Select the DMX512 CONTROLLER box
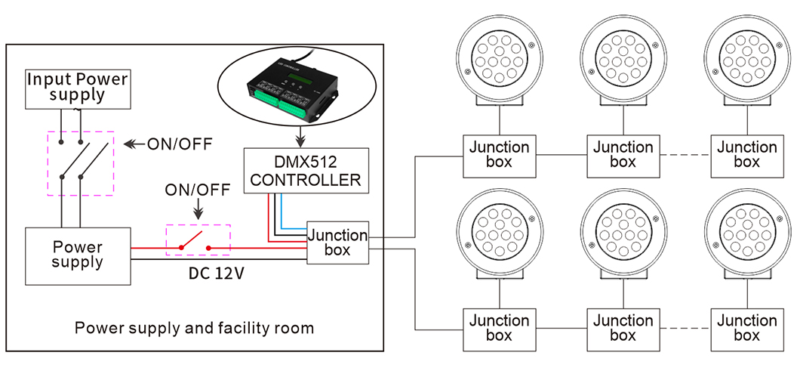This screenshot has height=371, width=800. pyautogui.click(x=305, y=169)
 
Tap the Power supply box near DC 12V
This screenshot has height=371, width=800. pyautogui.click(x=78, y=255)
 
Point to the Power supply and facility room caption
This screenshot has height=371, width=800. pyautogui.click(x=194, y=329)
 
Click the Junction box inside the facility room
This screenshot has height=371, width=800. pyautogui.click(x=337, y=242)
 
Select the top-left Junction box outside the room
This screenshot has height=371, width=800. pyautogui.click(x=499, y=154)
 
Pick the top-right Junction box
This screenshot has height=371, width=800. pyautogui.click(x=746, y=154)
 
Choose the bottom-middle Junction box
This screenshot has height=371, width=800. pyautogui.click(x=623, y=328)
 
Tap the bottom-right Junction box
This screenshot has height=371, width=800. pyautogui.click(x=746, y=328)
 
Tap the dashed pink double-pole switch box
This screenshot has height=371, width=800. pyautogui.click(x=80, y=163)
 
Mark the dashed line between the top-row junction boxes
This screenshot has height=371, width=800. pyautogui.click(x=685, y=155)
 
